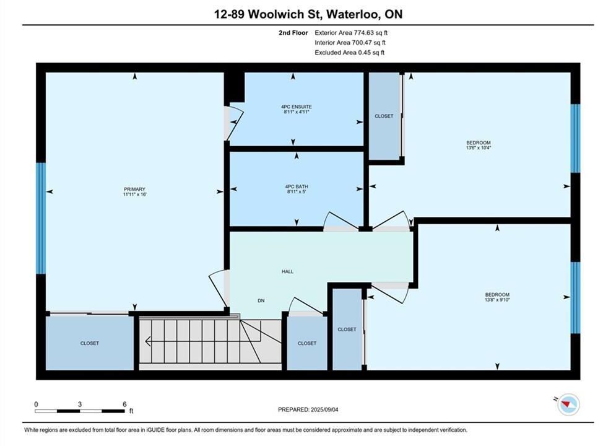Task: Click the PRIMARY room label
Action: tap(135, 189)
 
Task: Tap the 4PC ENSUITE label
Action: tap(296, 107)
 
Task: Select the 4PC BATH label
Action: tap(297, 186)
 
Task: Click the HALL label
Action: tap(288, 271)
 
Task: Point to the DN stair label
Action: tap(261, 300)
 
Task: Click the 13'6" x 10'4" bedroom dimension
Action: tap(479, 148)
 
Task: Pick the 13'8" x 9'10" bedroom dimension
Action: tap(497, 300)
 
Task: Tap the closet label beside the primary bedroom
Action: tap(90, 343)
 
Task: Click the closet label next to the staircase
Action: tap(307, 343)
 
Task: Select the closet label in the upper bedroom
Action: tap(384, 116)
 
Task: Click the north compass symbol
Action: tap(568, 404)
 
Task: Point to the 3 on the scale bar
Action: tap(80, 404)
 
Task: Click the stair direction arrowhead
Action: tap(148, 341)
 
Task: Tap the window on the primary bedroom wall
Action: tap(41, 218)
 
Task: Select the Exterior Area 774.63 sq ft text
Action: tap(351, 33)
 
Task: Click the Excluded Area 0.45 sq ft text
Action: tap(350, 53)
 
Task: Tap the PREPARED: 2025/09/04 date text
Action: tap(308, 409)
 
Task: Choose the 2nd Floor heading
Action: tap(293, 33)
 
